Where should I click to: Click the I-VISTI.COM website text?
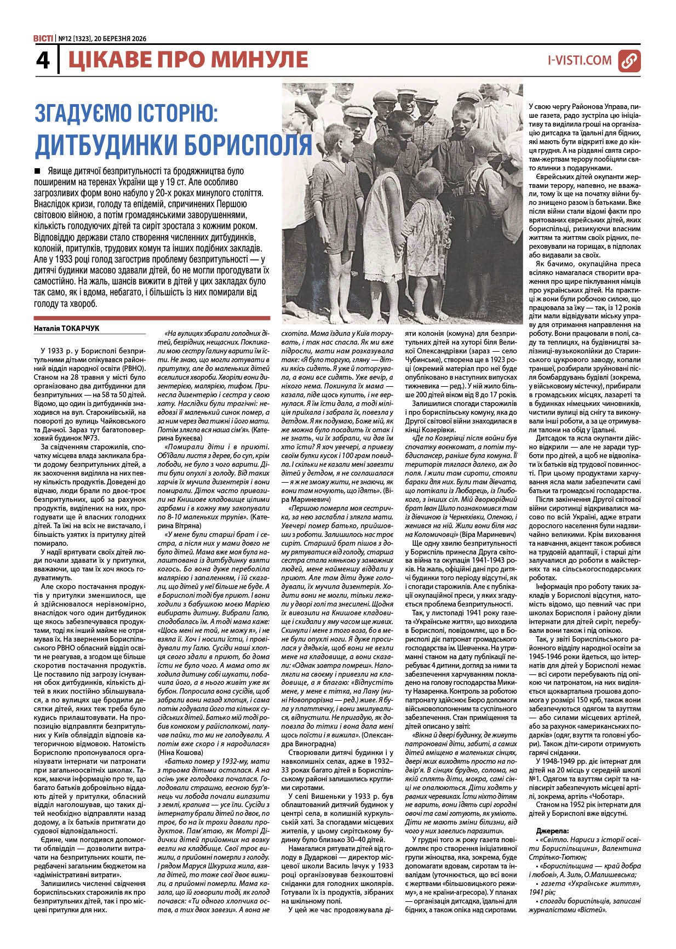click(x=580, y=60)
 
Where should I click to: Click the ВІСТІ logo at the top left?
click(x=43, y=38)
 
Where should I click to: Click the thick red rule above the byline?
click(x=152, y=318)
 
